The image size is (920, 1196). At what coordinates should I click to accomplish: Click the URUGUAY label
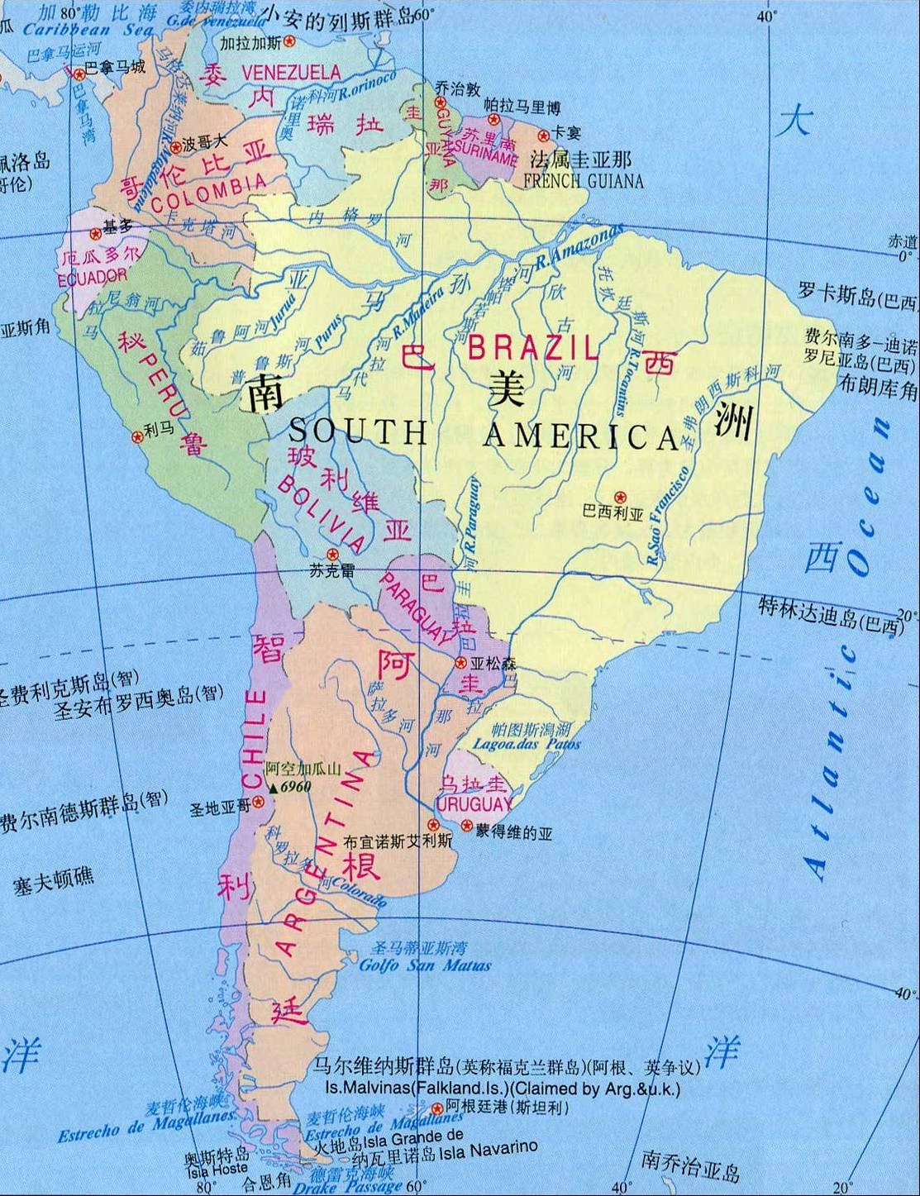(474, 804)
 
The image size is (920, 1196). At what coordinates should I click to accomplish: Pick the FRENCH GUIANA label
(583, 181)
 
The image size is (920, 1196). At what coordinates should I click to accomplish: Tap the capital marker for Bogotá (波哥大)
(175, 148)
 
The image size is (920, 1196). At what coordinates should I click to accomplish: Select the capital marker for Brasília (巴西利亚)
(620, 498)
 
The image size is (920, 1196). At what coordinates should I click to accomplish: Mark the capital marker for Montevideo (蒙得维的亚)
(466, 826)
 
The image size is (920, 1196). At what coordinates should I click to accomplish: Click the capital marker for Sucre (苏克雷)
(332, 555)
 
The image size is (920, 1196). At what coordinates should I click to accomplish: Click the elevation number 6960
(295, 787)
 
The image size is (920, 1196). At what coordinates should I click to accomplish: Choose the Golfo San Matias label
(425, 965)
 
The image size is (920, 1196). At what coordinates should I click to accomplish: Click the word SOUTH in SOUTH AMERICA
(359, 432)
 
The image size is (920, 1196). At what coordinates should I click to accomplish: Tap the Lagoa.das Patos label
(527, 744)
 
